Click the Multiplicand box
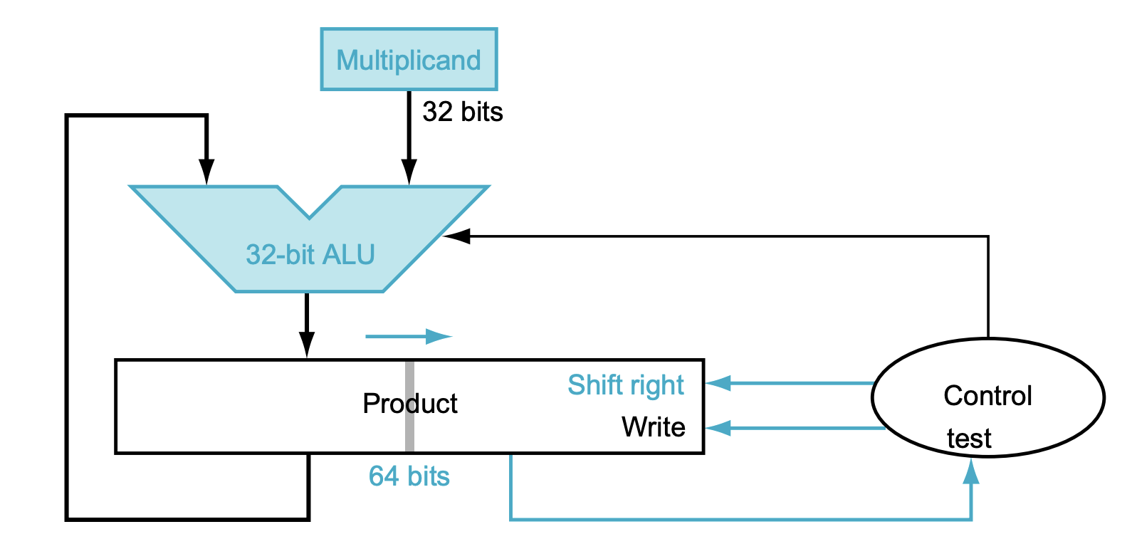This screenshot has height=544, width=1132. click(x=409, y=60)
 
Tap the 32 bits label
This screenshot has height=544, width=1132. click(x=463, y=112)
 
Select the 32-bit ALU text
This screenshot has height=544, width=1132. click(x=310, y=254)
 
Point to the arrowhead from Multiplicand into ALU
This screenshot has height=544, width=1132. click(x=409, y=172)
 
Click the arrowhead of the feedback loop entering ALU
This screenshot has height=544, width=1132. click(x=206, y=172)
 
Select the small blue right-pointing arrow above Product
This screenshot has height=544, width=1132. click(x=409, y=336)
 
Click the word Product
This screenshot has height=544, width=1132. click(x=409, y=404)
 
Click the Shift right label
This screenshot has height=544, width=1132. click(x=625, y=385)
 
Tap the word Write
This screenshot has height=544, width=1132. click(x=653, y=427)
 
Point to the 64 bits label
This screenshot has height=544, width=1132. click(x=409, y=476)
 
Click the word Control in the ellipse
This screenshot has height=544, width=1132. click(x=987, y=396)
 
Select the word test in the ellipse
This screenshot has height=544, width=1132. click(x=969, y=439)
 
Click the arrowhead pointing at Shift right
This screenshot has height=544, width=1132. click(x=718, y=384)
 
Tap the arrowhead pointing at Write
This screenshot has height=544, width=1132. click(x=718, y=428)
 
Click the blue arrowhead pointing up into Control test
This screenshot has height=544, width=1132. click(x=971, y=471)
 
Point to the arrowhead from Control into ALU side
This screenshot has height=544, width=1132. click(x=456, y=236)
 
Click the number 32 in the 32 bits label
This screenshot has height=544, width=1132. click(x=437, y=112)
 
